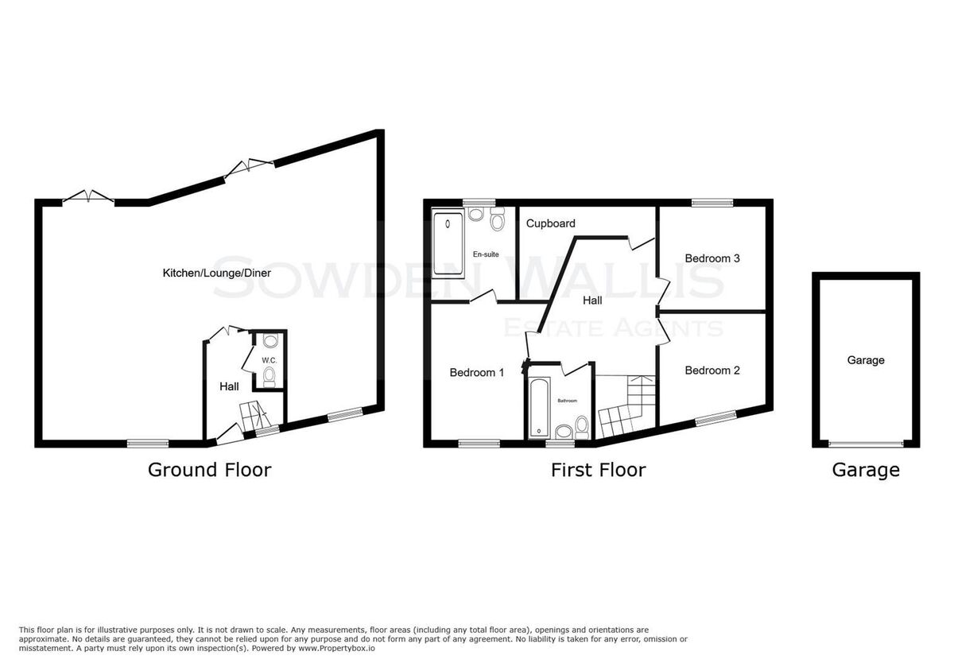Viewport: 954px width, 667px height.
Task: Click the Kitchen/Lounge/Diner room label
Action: coord(216,273)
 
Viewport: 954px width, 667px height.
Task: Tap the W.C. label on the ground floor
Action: coord(270,360)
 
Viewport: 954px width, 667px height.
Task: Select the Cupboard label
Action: coord(551,223)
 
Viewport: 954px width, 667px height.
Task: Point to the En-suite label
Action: coord(486,254)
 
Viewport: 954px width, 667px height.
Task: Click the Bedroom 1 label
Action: coord(476,373)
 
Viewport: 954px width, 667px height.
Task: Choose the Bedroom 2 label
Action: coord(712,370)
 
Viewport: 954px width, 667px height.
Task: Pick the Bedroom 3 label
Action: coord(712,258)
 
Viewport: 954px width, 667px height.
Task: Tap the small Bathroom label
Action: coord(568,401)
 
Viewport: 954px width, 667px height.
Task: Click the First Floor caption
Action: coord(599,470)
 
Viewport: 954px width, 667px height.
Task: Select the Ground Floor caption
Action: coord(210,470)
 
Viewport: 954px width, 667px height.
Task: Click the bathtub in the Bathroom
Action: coord(539,408)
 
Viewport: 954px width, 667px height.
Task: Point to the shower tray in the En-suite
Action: coord(448,243)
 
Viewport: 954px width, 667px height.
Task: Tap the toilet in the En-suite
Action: coord(497,219)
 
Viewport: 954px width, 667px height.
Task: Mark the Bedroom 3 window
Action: coord(712,203)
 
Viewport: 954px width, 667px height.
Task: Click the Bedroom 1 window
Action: coord(479,444)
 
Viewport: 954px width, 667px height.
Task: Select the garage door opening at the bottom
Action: coord(866,444)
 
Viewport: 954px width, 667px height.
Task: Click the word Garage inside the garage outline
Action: coord(866,360)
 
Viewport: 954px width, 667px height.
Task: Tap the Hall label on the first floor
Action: coord(592,301)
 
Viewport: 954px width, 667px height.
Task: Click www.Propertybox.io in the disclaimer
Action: coord(336,649)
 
